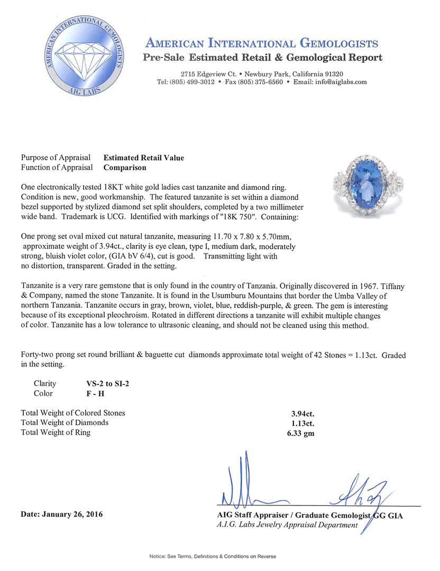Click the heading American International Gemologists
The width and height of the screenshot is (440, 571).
pyautogui.click(x=261, y=43)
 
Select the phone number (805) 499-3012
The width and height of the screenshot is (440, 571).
pyautogui.click(x=192, y=82)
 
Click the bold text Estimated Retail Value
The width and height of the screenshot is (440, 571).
pyautogui.click(x=144, y=158)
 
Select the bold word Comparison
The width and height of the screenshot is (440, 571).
pyautogui.click(x=125, y=168)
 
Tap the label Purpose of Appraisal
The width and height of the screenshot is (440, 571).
pyautogui.click(x=55, y=158)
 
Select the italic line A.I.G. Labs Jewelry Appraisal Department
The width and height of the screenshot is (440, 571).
pyautogui.click(x=287, y=525)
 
